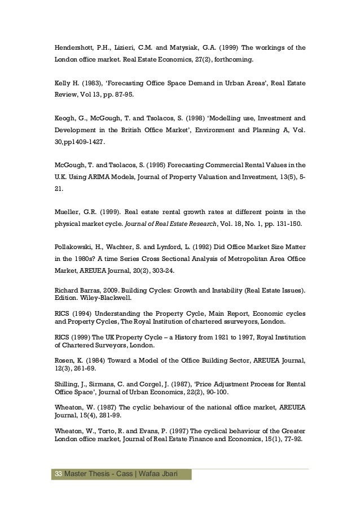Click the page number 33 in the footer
(x=58, y=473)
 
